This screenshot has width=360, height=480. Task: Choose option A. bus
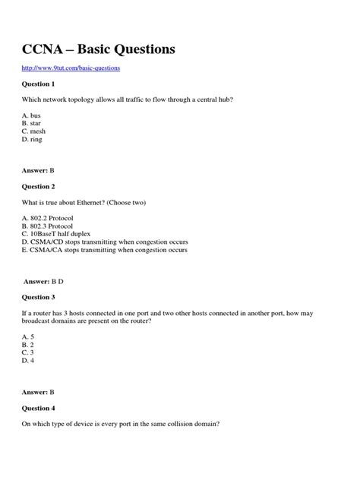[30, 114]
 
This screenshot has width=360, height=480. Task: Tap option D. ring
[32, 139]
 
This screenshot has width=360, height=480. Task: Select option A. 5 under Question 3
[27, 336]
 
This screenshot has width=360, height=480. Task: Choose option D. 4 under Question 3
[27, 361]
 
